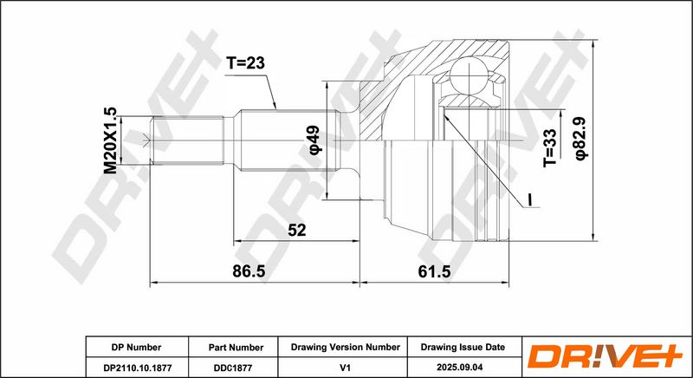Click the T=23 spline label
[245, 63]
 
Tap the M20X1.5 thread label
[111, 140]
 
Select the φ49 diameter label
[315, 140]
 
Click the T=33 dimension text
[550, 147]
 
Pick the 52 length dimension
[296, 230]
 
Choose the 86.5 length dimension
[249, 271]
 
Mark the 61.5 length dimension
[434, 271]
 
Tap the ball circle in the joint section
[468, 75]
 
